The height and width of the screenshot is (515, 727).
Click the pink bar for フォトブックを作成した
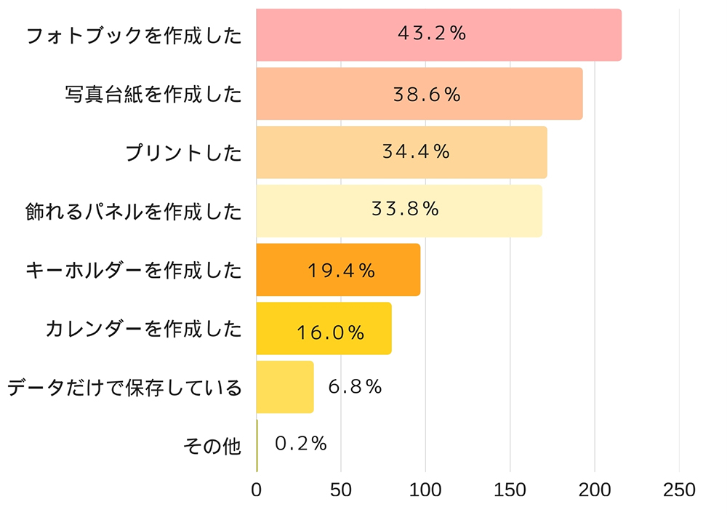(x=438, y=35)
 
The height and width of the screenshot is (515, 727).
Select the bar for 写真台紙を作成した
(x=419, y=94)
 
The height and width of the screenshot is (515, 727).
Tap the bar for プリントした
(x=401, y=152)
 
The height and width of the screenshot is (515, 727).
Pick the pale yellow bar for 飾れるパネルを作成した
(x=399, y=211)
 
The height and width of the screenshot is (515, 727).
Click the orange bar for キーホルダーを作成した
(x=338, y=270)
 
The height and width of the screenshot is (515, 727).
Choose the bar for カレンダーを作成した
(x=324, y=329)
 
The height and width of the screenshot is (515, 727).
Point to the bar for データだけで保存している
(x=285, y=387)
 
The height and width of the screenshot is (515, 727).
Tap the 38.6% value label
(x=427, y=95)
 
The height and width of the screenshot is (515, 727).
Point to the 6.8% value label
(x=355, y=387)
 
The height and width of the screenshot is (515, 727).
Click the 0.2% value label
(x=301, y=444)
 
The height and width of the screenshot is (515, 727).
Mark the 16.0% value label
(x=330, y=332)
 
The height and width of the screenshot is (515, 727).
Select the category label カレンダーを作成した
(x=142, y=329)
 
